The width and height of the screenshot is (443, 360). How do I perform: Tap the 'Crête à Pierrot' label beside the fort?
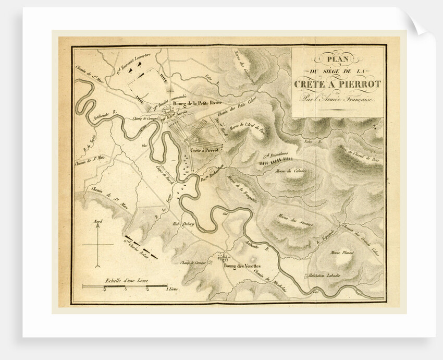tap(203, 149)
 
